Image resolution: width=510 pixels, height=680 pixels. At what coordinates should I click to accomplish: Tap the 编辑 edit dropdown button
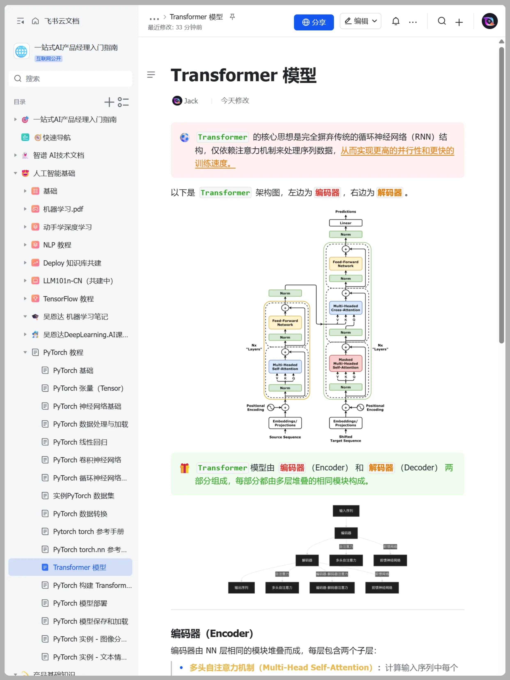coord(360,21)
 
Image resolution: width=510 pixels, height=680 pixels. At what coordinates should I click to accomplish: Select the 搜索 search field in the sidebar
coord(71,79)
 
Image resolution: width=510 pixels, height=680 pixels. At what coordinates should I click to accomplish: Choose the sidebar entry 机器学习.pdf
coord(63,209)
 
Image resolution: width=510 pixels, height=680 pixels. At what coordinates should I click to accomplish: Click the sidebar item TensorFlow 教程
coord(68,299)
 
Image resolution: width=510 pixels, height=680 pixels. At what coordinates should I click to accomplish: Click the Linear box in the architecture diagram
coord(346,223)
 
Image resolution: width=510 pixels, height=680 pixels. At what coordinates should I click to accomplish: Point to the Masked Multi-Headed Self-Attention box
coord(346,363)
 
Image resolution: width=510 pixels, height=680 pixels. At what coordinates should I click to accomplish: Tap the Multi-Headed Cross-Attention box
coord(346,308)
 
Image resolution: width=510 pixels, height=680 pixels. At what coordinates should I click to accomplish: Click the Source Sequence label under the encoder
coord(285,437)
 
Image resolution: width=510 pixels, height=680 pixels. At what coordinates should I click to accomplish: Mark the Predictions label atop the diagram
coord(346,211)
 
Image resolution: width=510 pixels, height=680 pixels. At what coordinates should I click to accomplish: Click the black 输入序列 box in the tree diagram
coord(346,511)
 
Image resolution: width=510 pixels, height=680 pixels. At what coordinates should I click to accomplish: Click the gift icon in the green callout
coord(184,468)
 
